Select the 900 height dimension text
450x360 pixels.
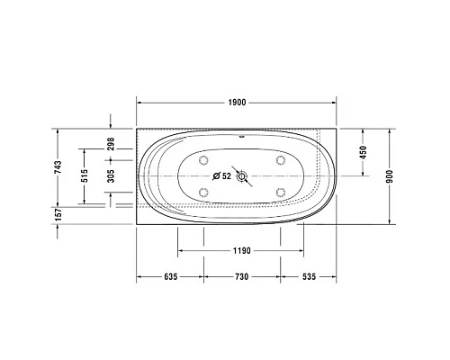pyautogui.click(x=390, y=175)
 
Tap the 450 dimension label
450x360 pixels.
pyautogui.click(x=363, y=153)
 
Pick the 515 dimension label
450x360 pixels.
pyautogui.click(x=84, y=175)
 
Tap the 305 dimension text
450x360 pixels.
pyautogui.click(x=111, y=175)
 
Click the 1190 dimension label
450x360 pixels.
pyautogui.click(x=239, y=252)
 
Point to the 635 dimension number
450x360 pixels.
pyautogui.click(x=169, y=277)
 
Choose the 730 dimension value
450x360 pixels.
pyautogui.click(x=239, y=277)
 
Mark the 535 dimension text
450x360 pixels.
pyautogui.click(x=308, y=277)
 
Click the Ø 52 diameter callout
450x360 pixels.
pyautogui.click(x=221, y=175)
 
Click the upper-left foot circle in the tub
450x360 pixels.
pyautogui.click(x=202, y=161)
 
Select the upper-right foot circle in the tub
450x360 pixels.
pyautogui.click(x=280, y=161)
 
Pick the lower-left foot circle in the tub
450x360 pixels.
pyautogui.click(x=202, y=191)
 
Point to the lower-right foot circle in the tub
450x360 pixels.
pyautogui.click(x=280, y=191)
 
